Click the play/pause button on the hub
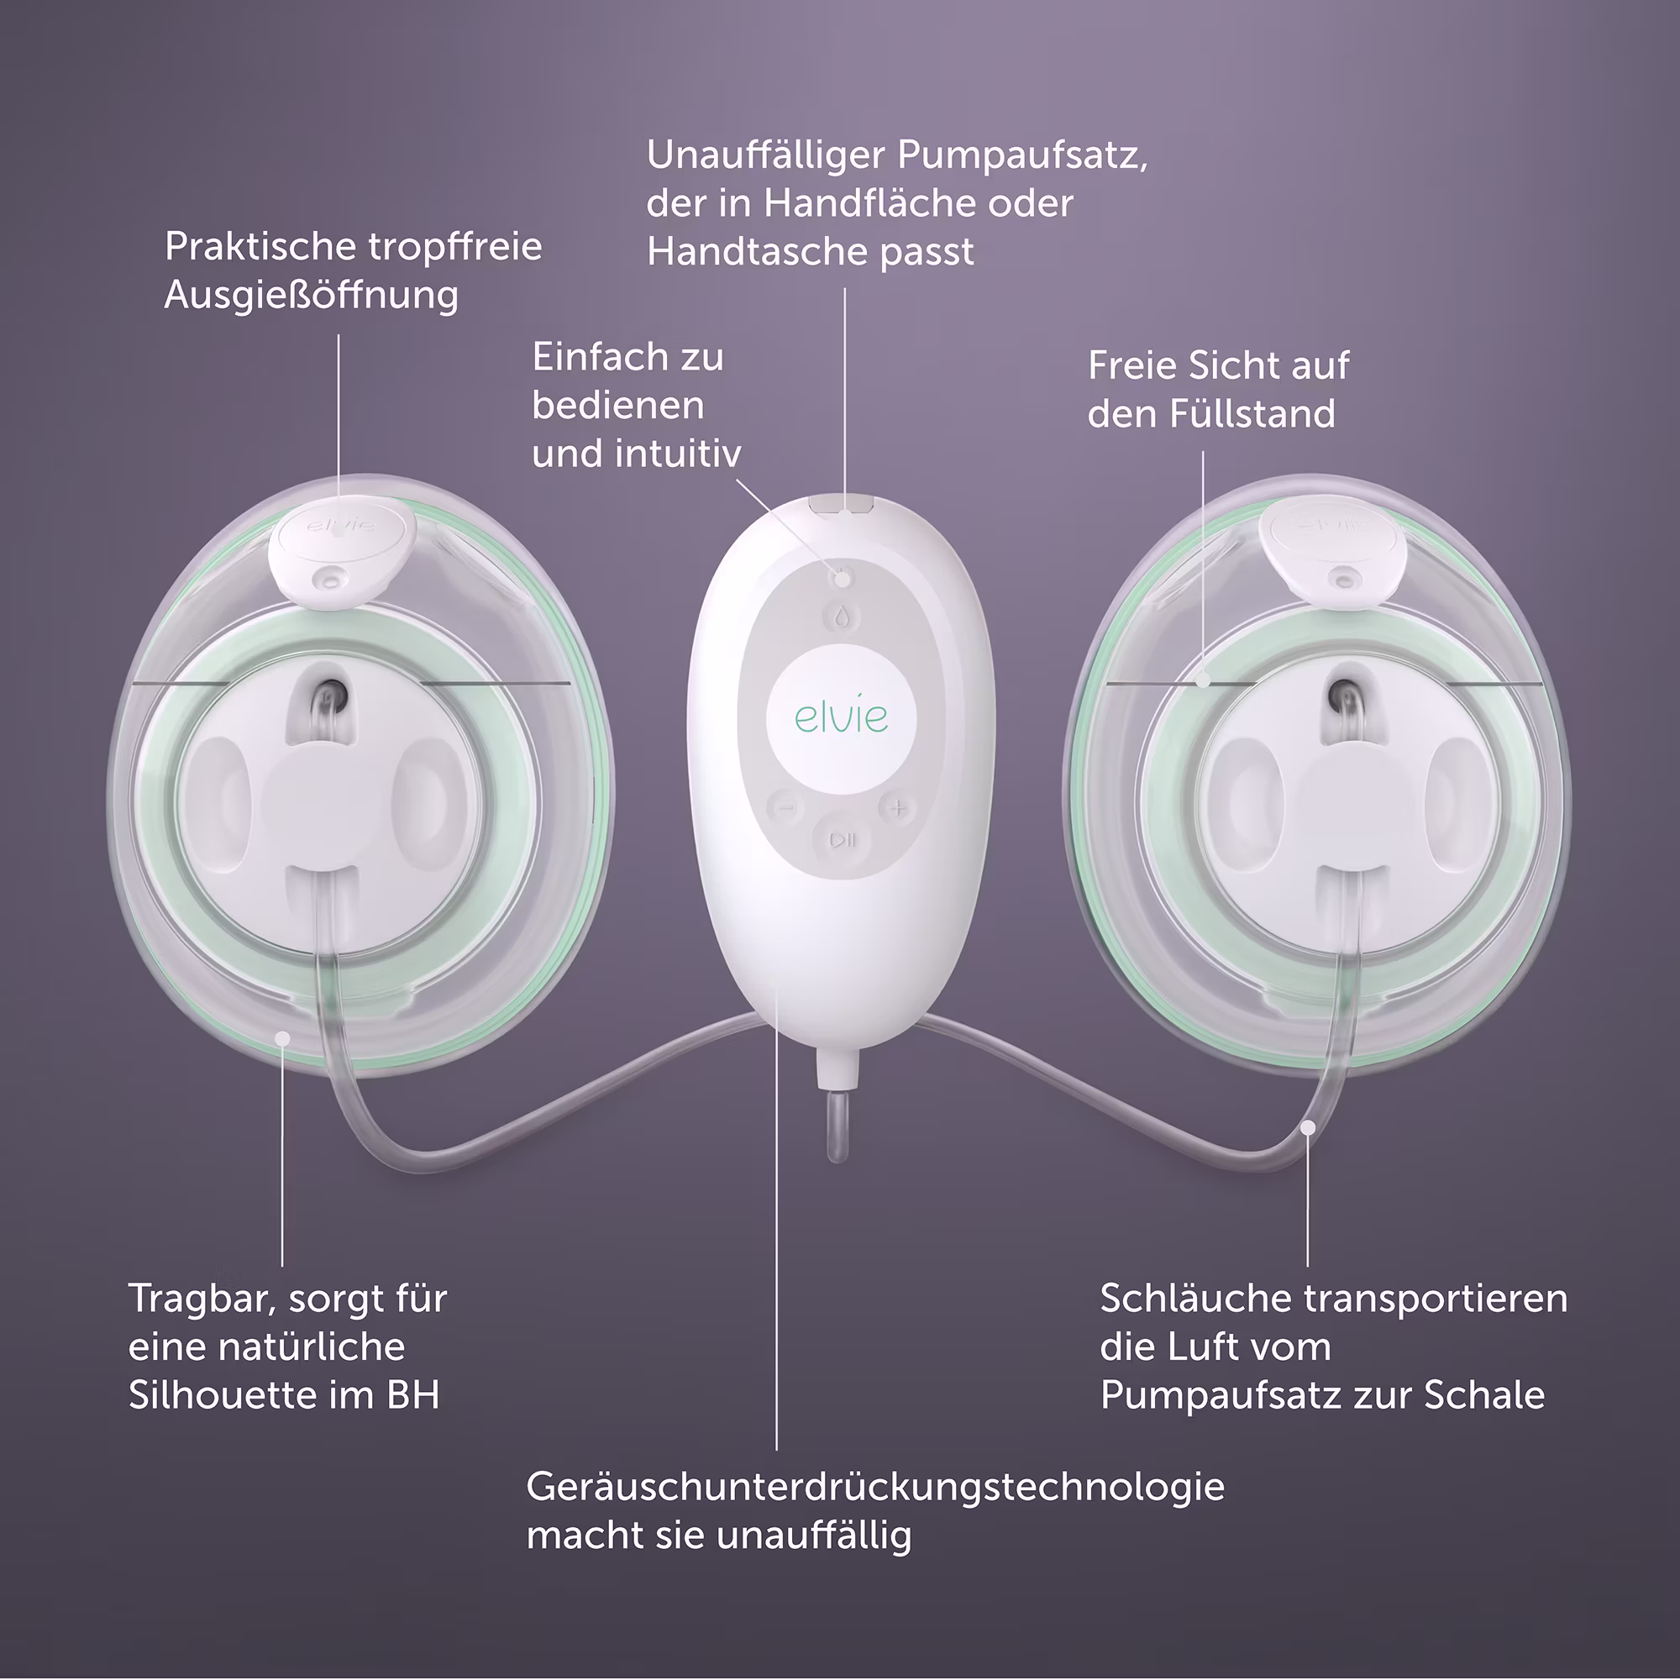tap(843, 840)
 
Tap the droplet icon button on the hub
tap(841, 617)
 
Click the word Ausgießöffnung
tap(312, 295)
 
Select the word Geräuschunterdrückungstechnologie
tap(874, 1488)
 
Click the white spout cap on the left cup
tap(340, 550)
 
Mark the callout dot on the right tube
tap(1308, 1128)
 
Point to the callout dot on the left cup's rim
tap(282, 1037)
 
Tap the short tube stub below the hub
tap(837, 1126)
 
